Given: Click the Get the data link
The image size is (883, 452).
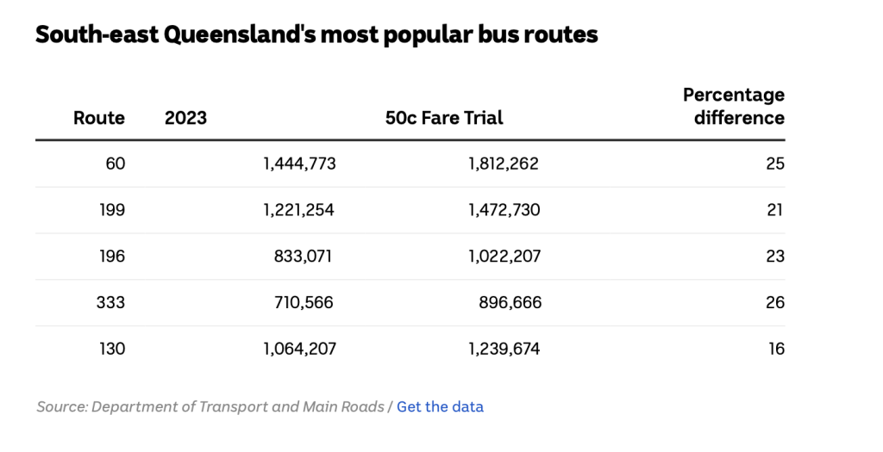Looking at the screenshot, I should (440, 406).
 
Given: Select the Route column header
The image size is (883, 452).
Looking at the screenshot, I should (99, 118).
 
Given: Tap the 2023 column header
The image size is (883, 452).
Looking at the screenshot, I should (185, 118).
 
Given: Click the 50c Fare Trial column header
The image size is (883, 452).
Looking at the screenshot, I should (444, 118).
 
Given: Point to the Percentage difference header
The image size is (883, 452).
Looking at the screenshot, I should (734, 106).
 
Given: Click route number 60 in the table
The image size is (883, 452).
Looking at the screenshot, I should (115, 164).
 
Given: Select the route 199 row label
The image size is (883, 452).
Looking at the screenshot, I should (111, 210).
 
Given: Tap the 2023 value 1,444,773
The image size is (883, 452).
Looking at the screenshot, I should (299, 164).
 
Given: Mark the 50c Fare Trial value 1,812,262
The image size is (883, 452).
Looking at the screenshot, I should (504, 164).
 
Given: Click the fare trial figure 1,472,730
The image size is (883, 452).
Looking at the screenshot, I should (504, 210).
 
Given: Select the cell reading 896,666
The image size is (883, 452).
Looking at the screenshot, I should (510, 302).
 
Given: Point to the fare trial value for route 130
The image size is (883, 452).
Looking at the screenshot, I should (504, 349).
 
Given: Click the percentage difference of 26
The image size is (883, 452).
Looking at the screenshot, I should (774, 302).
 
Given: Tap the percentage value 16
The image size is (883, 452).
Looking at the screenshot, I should (775, 349).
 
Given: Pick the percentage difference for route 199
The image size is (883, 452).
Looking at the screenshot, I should (775, 210).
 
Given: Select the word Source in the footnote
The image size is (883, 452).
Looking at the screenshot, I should (59, 406).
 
